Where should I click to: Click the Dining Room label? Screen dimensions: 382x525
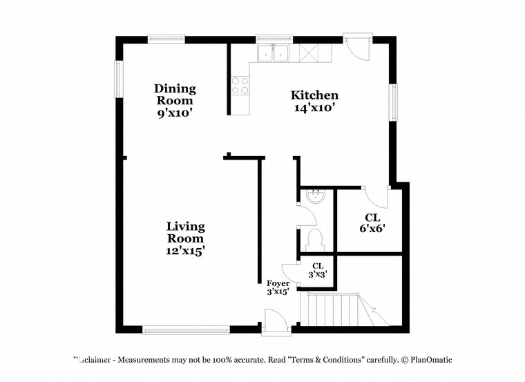click(175, 94)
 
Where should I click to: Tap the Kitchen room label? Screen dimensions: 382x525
click(314, 95)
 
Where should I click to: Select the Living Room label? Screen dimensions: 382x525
click(186, 232)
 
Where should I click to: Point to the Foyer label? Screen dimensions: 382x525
click(278, 283)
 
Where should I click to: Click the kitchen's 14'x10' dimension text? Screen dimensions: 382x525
click(314, 108)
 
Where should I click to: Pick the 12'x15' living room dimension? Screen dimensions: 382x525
click(186, 251)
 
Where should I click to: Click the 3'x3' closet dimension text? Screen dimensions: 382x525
click(318, 274)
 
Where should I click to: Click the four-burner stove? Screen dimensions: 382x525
click(240, 85)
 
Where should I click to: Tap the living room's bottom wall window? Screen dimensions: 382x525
click(186, 330)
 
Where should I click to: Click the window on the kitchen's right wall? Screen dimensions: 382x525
click(394, 102)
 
